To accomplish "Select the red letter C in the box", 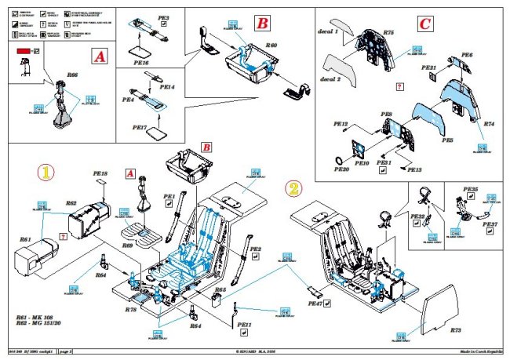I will pyautogui.click(x=424, y=24).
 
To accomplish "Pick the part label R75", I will pyautogui.click(x=388, y=33).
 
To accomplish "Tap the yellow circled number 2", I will pyautogui.click(x=293, y=188).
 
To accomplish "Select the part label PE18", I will pyautogui.click(x=100, y=173).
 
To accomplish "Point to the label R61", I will pyautogui.click(x=24, y=239).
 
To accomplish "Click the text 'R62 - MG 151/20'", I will pyautogui.click(x=44, y=322).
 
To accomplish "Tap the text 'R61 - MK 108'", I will pyautogui.click(x=38, y=314).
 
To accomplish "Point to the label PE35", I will pyautogui.click(x=471, y=190).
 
